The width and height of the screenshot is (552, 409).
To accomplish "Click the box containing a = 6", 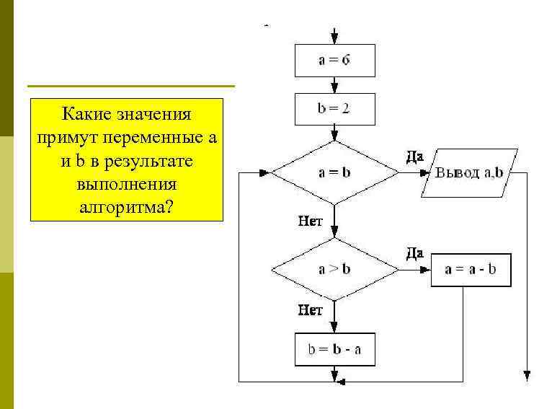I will [334, 61].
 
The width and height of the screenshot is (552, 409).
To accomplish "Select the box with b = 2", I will [334, 110].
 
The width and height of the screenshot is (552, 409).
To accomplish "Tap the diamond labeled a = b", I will [334, 173].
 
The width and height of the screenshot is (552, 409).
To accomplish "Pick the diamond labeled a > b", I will [334, 270].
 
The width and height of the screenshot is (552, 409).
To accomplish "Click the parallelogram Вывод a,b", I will [469, 174].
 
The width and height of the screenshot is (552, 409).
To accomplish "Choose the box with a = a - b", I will [471, 270].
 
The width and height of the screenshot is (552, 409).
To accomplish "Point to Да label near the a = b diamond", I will [414, 156].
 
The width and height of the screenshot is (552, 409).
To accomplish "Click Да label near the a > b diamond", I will [414, 252].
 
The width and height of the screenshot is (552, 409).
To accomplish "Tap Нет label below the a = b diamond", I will [311, 221].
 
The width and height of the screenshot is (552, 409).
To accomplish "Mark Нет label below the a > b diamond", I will [311, 311].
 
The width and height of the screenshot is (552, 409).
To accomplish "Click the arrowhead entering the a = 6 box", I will [334, 40].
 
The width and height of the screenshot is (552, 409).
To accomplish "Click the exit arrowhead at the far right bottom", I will [527, 375].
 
